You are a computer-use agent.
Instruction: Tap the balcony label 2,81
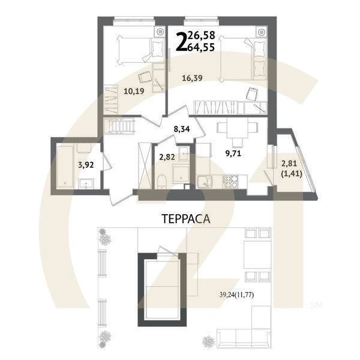click(290, 161)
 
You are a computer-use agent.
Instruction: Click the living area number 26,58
click(202, 37)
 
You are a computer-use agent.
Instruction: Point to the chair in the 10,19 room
click(145, 77)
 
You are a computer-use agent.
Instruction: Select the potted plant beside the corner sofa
click(209, 341)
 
